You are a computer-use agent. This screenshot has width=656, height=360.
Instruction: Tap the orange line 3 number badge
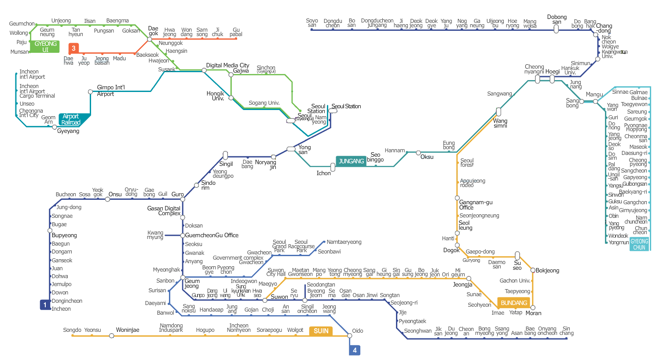[73, 48]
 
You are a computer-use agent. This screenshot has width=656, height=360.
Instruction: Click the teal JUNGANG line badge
[351, 161]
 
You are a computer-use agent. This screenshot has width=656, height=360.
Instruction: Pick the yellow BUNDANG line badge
[513, 303]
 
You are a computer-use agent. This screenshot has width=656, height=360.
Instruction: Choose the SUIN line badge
[321, 331]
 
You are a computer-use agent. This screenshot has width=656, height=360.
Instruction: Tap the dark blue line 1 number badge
[45, 305]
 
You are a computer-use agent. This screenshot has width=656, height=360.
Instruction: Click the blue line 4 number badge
[355, 350]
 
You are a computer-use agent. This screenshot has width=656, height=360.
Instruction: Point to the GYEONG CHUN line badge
[639, 244]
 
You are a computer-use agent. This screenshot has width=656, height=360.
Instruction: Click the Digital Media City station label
[227, 65]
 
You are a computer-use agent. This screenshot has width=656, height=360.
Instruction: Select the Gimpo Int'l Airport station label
[110, 91]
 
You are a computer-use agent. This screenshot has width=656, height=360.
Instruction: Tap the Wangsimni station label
[500, 123]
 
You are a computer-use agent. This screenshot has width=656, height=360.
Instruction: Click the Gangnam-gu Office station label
[476, 205]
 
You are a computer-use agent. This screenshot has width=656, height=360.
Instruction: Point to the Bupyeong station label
[64, 235]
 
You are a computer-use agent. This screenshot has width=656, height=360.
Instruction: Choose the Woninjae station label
[128, 330]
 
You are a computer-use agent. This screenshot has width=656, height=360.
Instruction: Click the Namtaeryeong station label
[344, 242]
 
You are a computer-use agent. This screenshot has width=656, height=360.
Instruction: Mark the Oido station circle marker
[350, 336]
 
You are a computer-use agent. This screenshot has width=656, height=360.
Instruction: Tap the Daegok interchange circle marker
[150, 39]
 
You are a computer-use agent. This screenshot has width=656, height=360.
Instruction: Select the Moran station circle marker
[533, 308]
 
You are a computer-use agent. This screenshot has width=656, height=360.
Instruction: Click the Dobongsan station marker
[556, 29]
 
